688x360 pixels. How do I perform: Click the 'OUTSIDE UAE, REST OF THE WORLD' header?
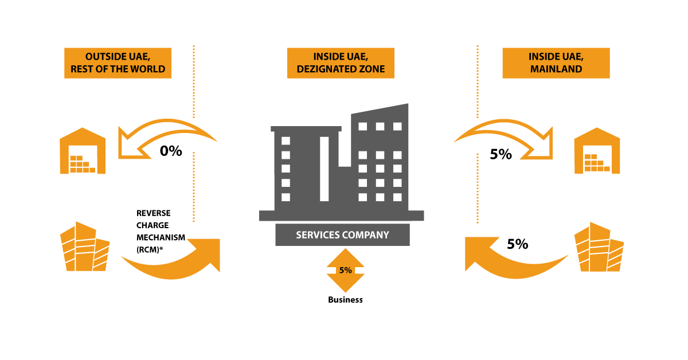point(118,63)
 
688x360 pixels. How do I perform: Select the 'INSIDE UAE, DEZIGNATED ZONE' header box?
point(341,63)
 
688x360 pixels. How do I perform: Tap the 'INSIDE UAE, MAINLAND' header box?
point(556,63)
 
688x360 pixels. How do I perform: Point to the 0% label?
point(171,151)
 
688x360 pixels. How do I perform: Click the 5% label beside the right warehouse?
point(501,154)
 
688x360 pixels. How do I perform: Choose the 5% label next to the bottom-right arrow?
point(517,244)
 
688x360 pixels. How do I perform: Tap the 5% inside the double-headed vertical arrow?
point(345,271)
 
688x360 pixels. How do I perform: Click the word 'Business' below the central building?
point(345,300)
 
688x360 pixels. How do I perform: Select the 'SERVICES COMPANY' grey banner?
point(342,234)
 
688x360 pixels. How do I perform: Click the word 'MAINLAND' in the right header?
point(556,69)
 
